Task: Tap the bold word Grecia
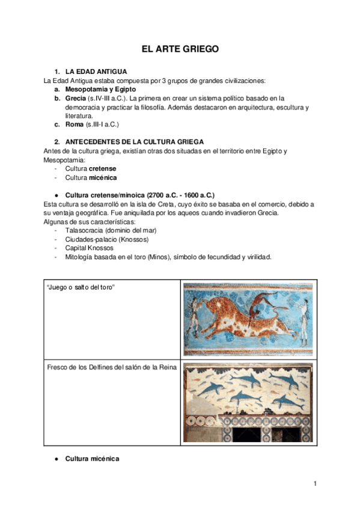(75, 98)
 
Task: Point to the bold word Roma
(75, 124)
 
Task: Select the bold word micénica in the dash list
(103, 177)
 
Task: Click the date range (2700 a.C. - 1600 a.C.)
(181, 195)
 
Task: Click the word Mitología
(81, 257)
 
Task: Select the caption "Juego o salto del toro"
(81, 288)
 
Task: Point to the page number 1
(314, 484)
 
